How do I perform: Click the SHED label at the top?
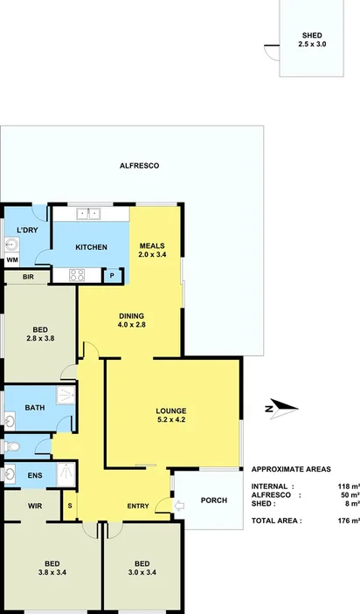(311, 39)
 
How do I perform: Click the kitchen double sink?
(90, 213)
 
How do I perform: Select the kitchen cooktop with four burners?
(76, 275)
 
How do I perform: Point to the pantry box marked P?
(113, 275)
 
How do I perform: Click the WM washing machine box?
(12, 259)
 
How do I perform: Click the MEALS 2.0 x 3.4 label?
(152, 250)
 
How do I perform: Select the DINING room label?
(131, 321)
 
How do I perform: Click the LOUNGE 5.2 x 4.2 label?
(171, 415)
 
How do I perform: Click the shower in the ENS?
(65, 473)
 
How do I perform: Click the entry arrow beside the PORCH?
(180, 506)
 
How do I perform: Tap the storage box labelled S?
(70, 506)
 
